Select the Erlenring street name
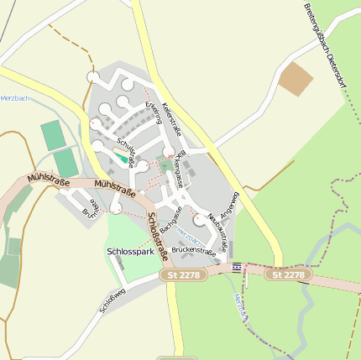154,109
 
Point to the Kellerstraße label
171,117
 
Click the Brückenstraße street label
193,250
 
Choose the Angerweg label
228,205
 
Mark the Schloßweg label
112,300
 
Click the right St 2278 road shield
289,274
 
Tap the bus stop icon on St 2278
237,267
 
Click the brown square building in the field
296,79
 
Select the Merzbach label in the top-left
15,98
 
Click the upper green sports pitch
53,134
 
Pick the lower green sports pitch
65,163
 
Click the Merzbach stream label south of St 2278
240,307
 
